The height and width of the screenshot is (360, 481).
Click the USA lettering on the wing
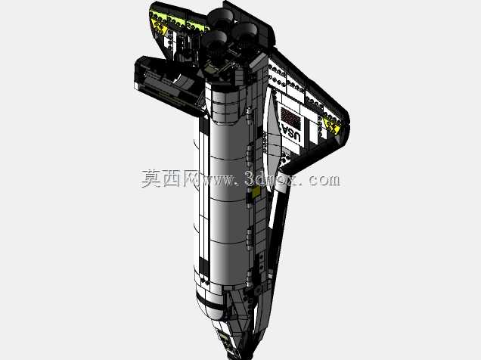coord(291,132)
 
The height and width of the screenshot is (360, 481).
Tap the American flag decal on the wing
coord(290,116)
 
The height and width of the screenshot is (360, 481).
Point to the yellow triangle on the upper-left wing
coord(159,27)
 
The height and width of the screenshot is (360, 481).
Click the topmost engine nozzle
coord(220,18)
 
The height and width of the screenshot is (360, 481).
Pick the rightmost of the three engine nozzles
coord(244,35)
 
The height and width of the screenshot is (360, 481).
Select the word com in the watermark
coord(324,180)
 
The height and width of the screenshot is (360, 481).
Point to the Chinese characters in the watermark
coord(170,178)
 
